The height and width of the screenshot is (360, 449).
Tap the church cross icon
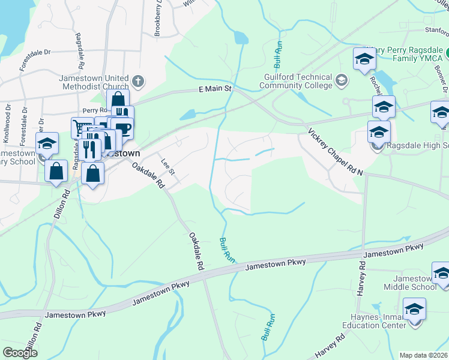point(138,80)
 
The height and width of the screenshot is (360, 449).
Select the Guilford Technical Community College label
point(298,81)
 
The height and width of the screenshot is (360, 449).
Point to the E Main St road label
point(215,89)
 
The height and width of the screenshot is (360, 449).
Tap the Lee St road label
point(168,166)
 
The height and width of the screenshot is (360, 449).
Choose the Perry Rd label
point(94,110)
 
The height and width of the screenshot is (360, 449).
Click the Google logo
point(20,352)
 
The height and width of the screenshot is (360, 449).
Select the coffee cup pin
point(122,128)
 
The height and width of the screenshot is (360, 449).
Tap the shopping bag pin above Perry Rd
point(118,100)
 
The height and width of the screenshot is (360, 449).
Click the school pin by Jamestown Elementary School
point(46,144)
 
